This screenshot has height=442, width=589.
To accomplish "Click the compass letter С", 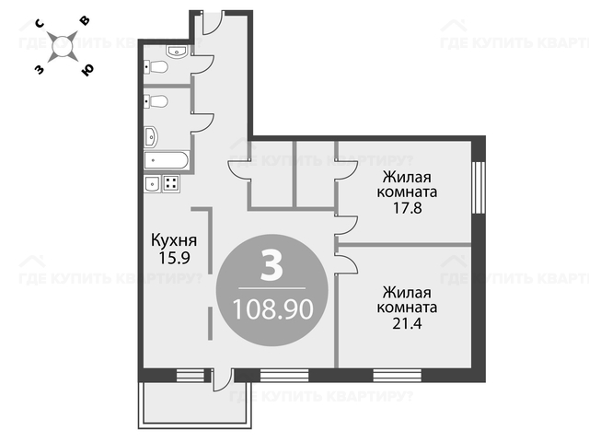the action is pos(40,24).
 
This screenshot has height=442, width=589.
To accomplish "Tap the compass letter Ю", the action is pos(87,70).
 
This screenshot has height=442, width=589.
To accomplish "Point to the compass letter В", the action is pos(86,20).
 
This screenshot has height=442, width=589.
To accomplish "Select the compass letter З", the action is pos(39,69).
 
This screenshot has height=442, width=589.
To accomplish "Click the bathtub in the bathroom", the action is pos(167,160).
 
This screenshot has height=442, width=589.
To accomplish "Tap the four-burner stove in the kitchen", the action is pos(171,184).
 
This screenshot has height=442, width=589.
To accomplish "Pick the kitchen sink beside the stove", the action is pos(153,184).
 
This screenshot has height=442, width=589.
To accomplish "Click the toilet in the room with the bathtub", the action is pos(156,101).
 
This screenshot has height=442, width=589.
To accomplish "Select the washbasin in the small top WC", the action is pos(176,52).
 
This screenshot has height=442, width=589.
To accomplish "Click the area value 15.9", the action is pos(174,258).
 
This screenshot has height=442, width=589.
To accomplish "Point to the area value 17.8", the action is pos(408,208).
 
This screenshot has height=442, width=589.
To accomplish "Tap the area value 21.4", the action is pos(407,323).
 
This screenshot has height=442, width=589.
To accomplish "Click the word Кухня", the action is pos(174,240).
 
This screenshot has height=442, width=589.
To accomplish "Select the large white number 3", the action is pos(271,266).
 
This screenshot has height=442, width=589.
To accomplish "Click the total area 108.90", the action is pos(273,309).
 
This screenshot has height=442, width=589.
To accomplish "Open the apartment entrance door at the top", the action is pos(213,22).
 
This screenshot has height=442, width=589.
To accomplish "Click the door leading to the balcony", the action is pos(222,380).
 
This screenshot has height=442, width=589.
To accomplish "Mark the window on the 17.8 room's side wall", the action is pos(479,188).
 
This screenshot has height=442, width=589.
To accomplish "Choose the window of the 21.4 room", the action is pos(397,375).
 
